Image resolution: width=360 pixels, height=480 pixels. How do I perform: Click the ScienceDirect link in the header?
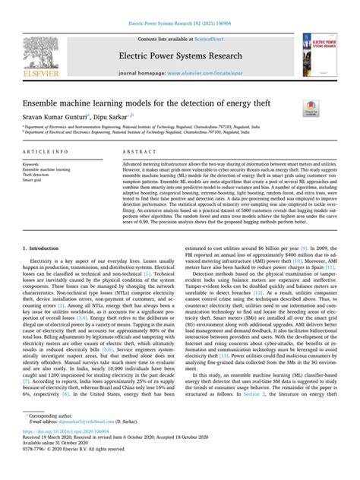pyautogui.click(x=213, y=36)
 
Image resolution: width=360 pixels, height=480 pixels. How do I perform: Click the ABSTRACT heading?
pyautogui.click(x=139, y=153)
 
